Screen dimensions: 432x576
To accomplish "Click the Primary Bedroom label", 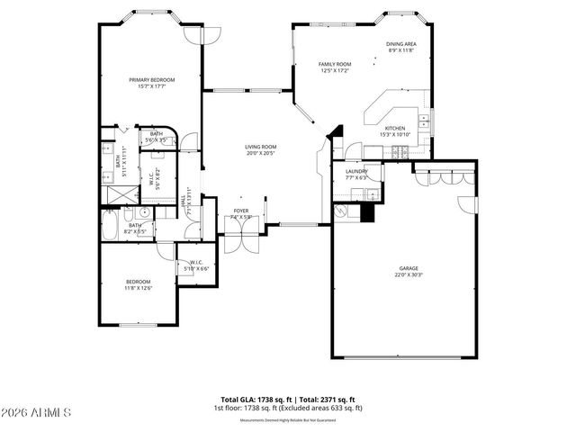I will pos(151,83).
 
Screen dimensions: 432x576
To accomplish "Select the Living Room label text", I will pos(261,149).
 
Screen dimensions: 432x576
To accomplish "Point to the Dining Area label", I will pos(401,47).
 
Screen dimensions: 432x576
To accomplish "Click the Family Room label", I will pos(335,67).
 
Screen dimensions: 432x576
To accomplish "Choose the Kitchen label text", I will pos(396,131).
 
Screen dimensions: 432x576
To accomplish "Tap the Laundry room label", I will pos(356,175).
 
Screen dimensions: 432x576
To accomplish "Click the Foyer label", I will pos(241,213).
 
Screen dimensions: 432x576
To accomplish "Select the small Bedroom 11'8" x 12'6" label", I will pos(138,284).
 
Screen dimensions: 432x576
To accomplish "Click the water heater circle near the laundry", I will pos(342,212).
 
